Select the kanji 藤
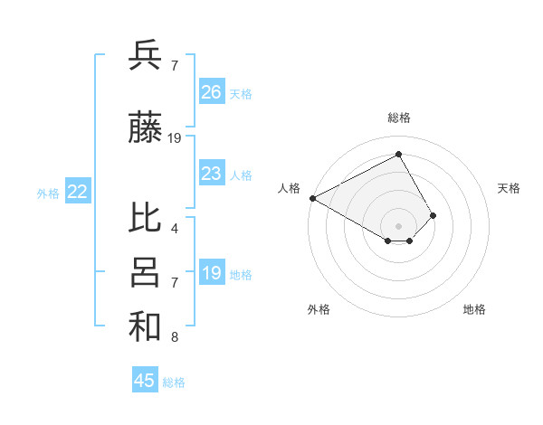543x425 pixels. click(145, 128)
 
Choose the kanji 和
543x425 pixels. click(145, 326)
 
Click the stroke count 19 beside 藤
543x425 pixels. click(175, 138)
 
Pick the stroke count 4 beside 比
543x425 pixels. click(175, 228)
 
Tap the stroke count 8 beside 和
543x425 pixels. click(175, 338)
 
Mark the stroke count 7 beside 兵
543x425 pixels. click(175, 65)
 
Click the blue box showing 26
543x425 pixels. click(211, 92)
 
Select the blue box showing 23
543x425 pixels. click(211, 174)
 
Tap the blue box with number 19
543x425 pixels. click(211, 273)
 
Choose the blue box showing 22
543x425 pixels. click(78, 192)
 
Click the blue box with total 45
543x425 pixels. click(145, 381)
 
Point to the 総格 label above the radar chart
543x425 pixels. click(399, 118)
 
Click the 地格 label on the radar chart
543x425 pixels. click(474, 309)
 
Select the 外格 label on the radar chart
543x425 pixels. click(319, 309)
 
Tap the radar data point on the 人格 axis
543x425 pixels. click(312, 198)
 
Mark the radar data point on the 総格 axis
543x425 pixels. click(398, 154)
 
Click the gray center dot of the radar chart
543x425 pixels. click(398, 225)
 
